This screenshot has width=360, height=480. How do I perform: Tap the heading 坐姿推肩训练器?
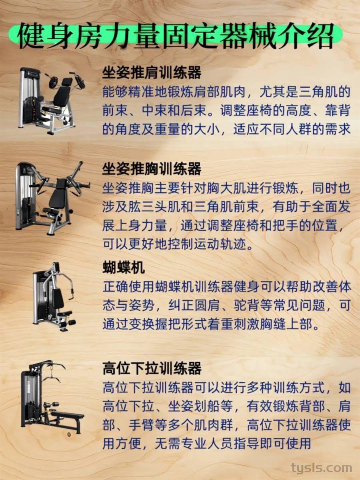pos(152,72)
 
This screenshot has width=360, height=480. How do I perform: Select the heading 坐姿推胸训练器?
pos(152,169)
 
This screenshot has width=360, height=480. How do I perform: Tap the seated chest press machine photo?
pos(52,198)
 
